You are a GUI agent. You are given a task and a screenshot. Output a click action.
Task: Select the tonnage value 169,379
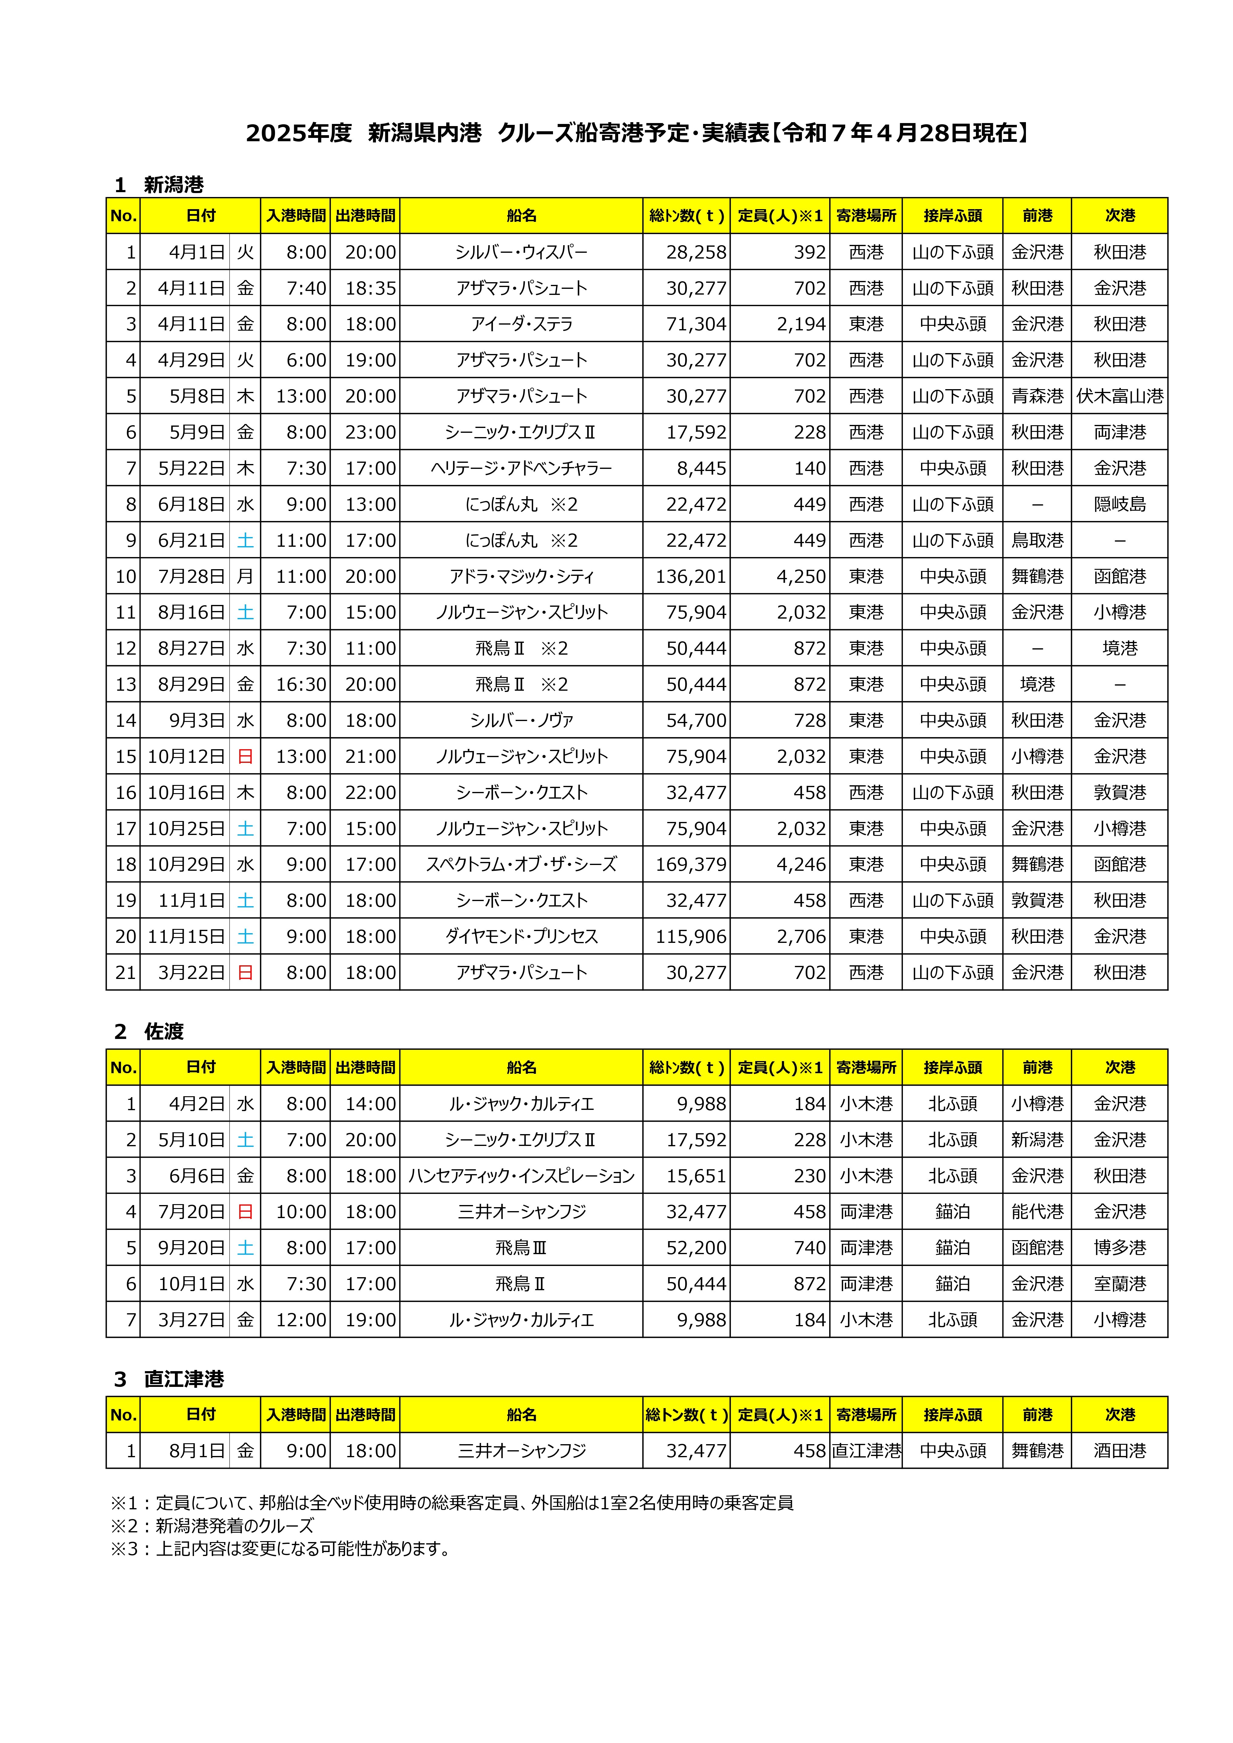pos(691,865)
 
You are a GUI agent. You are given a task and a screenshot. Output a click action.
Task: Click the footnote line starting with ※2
pos(213,1526)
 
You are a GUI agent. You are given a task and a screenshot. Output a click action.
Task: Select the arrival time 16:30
pos(301,685)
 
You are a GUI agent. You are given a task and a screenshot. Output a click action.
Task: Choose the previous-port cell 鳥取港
pos(1037,540)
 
